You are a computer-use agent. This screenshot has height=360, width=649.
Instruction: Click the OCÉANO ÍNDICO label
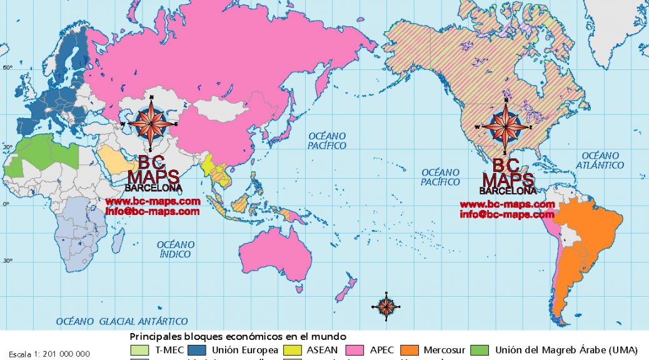(x=174, y=249)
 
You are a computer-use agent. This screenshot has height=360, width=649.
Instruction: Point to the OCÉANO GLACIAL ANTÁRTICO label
(x=122, y=321)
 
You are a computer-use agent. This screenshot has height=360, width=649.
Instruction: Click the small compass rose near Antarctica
(x=386, y=305)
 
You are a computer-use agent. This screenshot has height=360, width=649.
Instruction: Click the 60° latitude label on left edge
(x=8, y=67)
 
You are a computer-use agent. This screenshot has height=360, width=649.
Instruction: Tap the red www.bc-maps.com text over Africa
(x=153, y=201)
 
